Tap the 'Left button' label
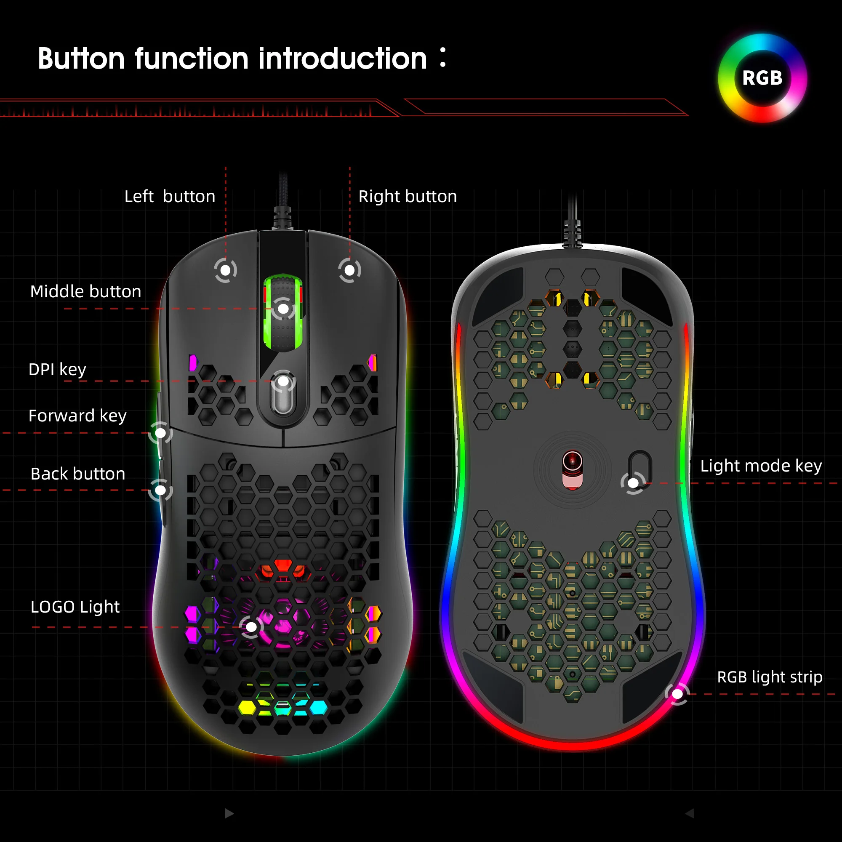[170, 197]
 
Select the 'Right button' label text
[407, 197]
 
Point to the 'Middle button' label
[85, 291]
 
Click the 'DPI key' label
[57, 370]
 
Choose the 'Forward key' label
[77, 416]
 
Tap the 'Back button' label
[77, 474]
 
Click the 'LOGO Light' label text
[75, 607]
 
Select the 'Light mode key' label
[760, 466]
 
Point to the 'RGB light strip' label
[769, 677]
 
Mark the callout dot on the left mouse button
[225, 270]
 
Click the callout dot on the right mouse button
[349, 270]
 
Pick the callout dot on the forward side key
[160, 433]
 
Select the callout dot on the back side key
[160, 490]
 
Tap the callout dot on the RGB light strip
[677, 694]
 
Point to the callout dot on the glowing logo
[251, 627]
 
